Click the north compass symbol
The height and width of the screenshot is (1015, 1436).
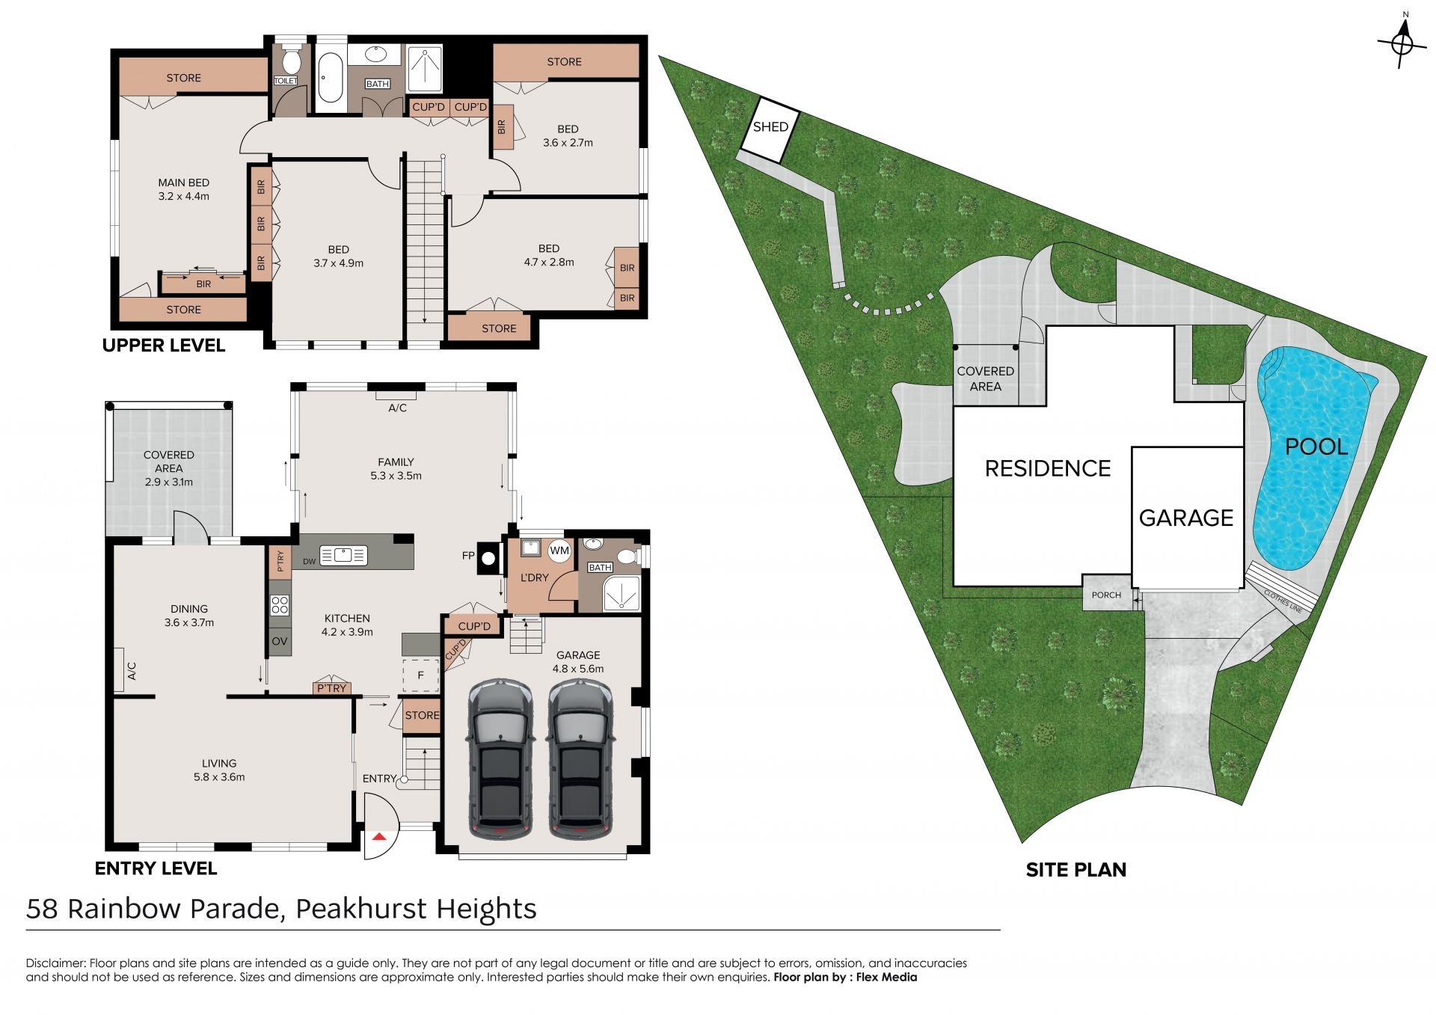(1402, 44)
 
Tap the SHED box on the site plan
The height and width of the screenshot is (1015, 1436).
(770, 129)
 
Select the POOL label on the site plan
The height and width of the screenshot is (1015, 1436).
(1316, 447)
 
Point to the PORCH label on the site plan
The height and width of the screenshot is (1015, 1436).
(1106, 595)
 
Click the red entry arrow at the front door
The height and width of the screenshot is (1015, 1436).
(379, 835)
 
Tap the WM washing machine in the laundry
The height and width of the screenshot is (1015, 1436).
(559, 551)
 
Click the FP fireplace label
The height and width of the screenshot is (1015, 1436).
(468, 556)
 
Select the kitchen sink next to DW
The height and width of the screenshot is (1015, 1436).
(343, 556)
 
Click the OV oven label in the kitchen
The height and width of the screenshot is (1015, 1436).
(279, 641)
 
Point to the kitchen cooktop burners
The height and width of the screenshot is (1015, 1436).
(280, 604)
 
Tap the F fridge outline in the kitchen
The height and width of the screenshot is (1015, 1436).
(420, 675)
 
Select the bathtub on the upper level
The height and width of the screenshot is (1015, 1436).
(329, 76)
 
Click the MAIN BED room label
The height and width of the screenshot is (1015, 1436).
(183, 183)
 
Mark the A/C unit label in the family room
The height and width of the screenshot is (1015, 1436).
(397, 408)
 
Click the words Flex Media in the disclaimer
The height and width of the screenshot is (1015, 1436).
(886, 977)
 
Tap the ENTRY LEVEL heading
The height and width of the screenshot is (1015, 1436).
(156, 868)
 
